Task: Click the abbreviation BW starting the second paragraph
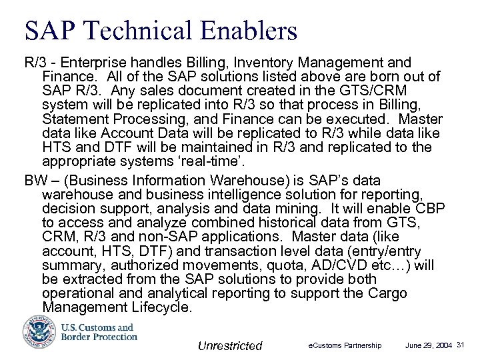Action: click(x=35, y=181)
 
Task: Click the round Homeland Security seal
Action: click(x=34, y=331)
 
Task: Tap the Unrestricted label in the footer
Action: click(x=231, y=345)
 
